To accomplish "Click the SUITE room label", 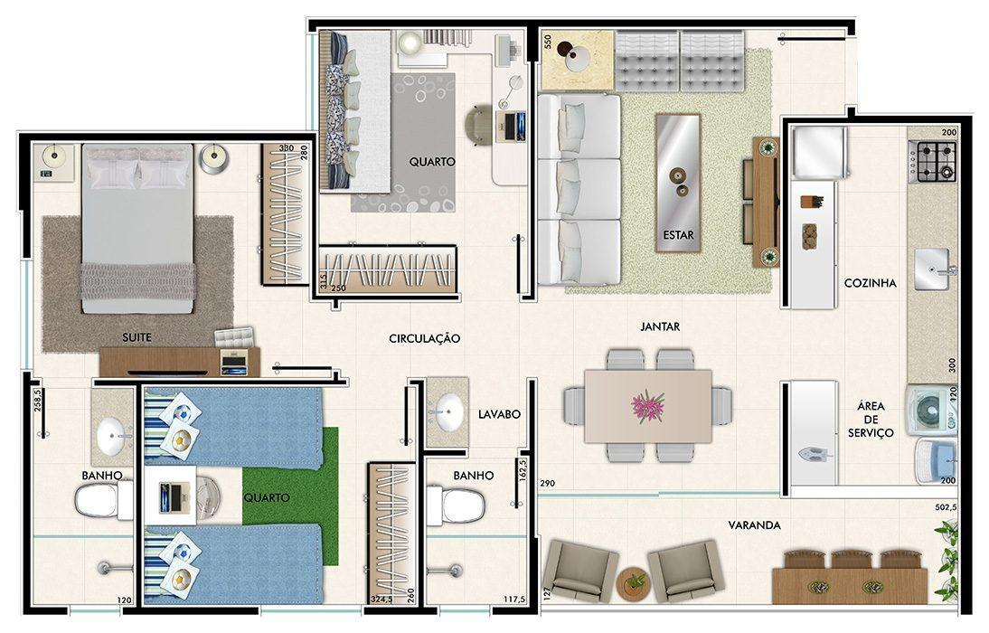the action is click(x=137, y=337).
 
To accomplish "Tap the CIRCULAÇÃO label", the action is click(x=425, y=339).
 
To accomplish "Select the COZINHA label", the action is click(x=871, y=283).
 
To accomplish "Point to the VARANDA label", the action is click(x=754, y=525).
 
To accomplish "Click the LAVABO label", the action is click(x=499, y=415).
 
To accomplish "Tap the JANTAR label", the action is click(x=660, y=327).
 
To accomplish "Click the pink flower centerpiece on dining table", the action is click(x=648, y=405).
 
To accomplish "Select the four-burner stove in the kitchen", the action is click(x=932, y=162).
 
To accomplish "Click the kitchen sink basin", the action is click(x=932, y=269).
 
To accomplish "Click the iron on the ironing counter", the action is click(x=811, y=453).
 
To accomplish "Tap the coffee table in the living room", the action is click(x=678, y=183).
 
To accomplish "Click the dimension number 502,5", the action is click(x=947, y=506).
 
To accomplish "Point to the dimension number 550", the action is click(x=548, y=43).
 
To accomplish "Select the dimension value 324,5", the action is click(x=381, y=600).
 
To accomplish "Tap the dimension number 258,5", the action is click(x=38, y=401).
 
